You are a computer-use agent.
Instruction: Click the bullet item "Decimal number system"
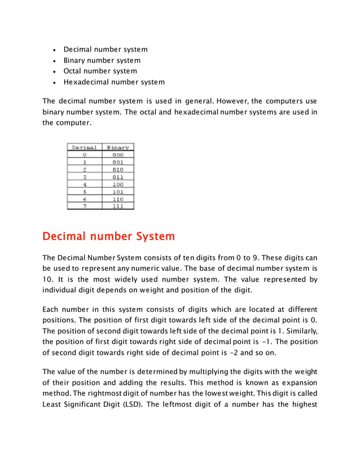(x=106, y=50)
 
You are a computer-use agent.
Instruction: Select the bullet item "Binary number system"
(x=102, y=60)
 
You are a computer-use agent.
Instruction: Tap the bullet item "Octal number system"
(x=100, y=71)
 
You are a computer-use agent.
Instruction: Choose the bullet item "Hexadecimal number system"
(x=114, y=82)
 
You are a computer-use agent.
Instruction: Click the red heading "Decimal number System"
(x=109, y=236)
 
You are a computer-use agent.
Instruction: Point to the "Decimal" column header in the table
(x=84, y=147)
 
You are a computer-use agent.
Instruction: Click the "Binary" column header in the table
(x=117, y=147)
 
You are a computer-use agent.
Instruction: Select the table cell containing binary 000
(x=117, y=155)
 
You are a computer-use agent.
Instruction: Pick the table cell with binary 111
(x=117, y=206)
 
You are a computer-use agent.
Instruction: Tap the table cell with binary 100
(x=117, y=184)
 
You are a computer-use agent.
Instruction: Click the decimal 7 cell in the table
(x=84, y=206)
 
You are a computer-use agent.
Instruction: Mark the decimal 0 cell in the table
(x=84, y=155)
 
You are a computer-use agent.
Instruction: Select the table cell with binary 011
(x=117, y=177)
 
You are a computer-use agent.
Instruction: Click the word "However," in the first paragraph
(x=232, y=101)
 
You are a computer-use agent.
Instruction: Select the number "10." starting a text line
(x=49, y=279)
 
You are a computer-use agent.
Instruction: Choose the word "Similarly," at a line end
(x=298, y=331)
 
